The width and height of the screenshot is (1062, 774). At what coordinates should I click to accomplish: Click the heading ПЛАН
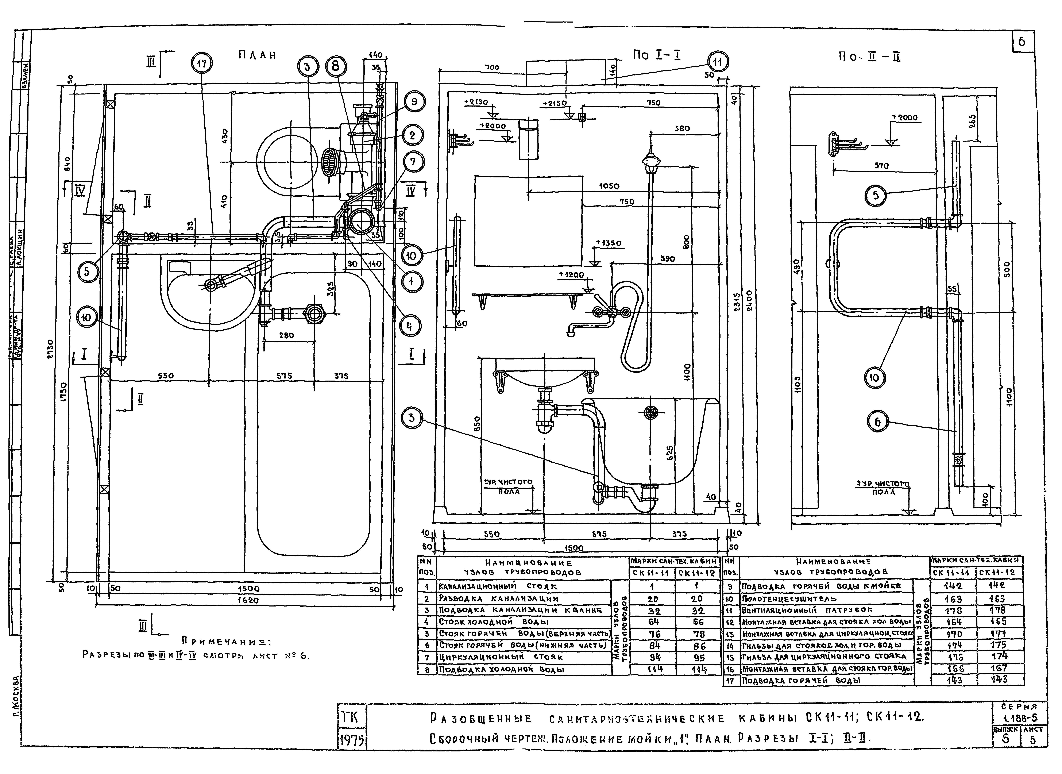(x=257, y=55)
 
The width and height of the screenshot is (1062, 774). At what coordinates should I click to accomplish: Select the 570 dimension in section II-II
(x=882, y=166)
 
